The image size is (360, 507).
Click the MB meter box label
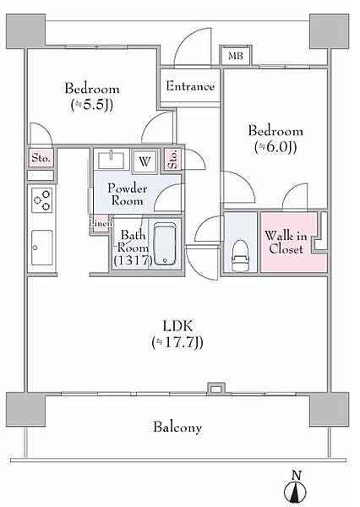coord(236,57)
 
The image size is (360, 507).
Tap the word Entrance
coord(190,86)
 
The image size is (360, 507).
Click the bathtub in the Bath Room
coord(166,243)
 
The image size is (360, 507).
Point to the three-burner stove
coord(42,200)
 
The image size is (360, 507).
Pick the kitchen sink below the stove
coord(42,248)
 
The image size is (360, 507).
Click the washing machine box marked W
coord(145,161)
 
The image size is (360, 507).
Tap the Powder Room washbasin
coord(112,160)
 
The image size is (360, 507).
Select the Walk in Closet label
coord(286,243)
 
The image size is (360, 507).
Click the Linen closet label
coord(101,223)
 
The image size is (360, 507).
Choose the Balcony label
coord(177,427)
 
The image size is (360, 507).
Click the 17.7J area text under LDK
coord(177,343)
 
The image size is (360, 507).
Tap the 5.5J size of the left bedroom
coord(92,105)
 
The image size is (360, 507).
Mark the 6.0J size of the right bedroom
coord(275,147)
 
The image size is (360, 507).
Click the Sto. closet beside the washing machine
coord(173,160)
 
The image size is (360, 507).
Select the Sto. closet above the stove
coord(41,158)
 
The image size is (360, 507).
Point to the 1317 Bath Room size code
coord(133,259)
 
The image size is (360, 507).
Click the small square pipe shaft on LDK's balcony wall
coord(215,388)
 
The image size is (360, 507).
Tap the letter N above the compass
coord(297,475)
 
